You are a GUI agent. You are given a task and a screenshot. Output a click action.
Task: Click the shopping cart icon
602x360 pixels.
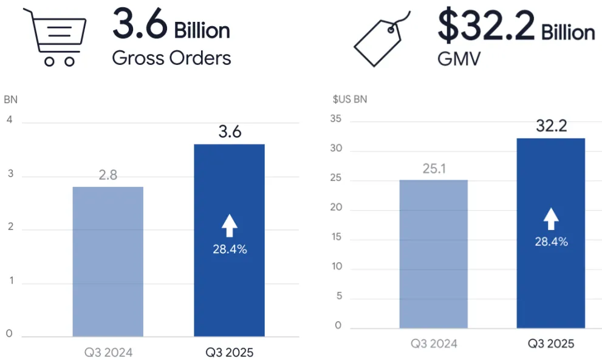[54, 36]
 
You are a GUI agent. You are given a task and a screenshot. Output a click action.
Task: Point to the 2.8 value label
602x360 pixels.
[108, 175]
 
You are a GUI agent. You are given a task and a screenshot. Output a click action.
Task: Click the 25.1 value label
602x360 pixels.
[434, 169]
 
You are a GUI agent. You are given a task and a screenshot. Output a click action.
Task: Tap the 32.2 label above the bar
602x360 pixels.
[551, 126]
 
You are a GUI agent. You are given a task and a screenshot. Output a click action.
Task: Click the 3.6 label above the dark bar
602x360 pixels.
[230, 132]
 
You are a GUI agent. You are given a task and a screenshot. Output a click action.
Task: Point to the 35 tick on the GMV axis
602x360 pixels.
[337, 120]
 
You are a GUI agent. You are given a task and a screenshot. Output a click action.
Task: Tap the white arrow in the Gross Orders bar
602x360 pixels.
[229, 226]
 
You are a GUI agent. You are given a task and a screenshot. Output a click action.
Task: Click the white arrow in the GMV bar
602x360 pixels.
[550, 219]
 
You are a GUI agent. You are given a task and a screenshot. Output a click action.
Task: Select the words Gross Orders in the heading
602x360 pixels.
[171, 58]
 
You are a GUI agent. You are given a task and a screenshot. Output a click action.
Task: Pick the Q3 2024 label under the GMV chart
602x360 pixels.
[434, 344]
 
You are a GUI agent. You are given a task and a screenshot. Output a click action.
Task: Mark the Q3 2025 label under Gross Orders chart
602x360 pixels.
[229, 352]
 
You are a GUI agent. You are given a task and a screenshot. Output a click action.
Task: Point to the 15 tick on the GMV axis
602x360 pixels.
[337, 237]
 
